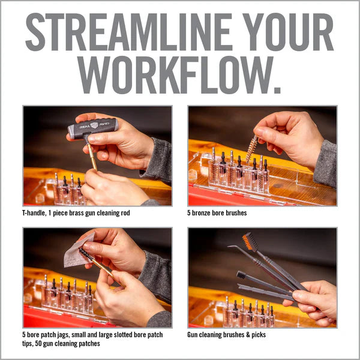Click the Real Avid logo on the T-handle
click(94, 125)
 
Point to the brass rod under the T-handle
click(92, 157)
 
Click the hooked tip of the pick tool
click(231, 247)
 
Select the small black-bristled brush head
click(241, 274)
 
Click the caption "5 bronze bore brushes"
click(217, 213)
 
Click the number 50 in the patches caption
click(38, 343)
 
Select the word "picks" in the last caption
click(259, 335)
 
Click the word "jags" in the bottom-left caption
click(62, 335)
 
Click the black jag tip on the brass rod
click(86, 253)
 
